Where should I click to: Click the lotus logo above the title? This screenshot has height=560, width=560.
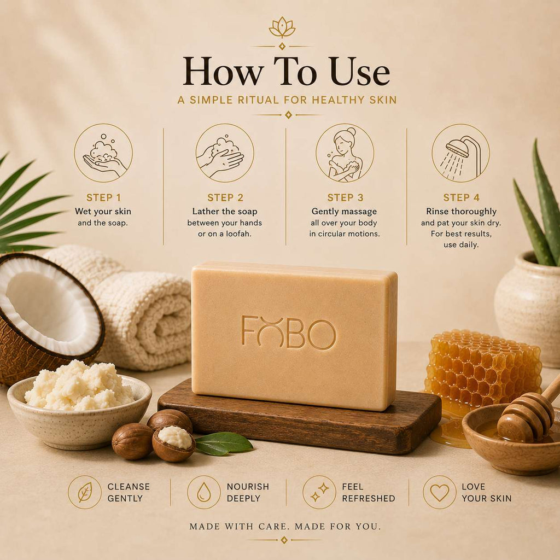coord(282,27)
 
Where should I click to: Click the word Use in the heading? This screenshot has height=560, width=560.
coord(359,72)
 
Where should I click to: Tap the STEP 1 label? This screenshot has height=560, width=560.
coord(103,197)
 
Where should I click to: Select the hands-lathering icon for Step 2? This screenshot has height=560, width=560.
coord(225,153)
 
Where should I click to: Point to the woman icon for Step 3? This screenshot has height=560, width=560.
coord(345,153)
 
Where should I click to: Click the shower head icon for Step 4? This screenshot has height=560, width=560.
coord(460,153)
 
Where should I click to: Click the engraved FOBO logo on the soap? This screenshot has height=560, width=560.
coord(289,332)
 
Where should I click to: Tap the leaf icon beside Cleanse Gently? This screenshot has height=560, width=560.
coord(85,492)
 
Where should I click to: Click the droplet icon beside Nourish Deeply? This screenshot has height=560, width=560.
coord(204,492)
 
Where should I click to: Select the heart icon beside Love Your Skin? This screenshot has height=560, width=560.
coord(440,492)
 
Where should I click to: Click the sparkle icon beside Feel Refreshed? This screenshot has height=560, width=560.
coord(319,492)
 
